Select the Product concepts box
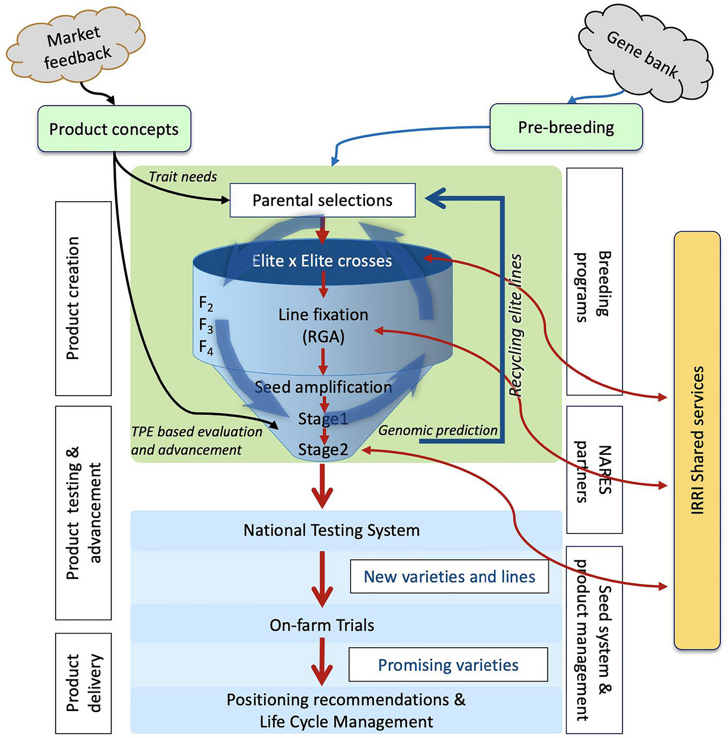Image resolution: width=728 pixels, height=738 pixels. tap(114, 129)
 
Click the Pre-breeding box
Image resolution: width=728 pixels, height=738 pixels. tap(566, 127)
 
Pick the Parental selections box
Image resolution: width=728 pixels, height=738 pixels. tap(322, 200)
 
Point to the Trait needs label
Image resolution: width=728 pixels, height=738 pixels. tap(182, 177)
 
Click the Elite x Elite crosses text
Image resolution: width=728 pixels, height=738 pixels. tap(322, 261)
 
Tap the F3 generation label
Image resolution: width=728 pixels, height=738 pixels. tap(206, 326)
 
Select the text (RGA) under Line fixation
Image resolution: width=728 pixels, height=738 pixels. tap(323, 337)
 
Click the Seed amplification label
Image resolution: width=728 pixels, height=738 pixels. tap(323, 387)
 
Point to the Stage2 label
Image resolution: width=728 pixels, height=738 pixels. tap(323, 449)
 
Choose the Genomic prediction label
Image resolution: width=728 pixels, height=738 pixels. tap(437, 430)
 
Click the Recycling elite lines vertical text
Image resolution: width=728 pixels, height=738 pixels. tap(516, 325)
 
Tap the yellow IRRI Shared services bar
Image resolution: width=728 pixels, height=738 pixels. tap(697, 440)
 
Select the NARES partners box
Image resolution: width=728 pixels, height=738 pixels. tap(594, 470)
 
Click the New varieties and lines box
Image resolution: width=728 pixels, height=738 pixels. tap(449, 577)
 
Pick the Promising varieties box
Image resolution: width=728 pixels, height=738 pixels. tap(448, 665)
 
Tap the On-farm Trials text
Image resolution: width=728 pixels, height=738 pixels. tap(322, 625)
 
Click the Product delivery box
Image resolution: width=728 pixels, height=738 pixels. tap(83, 683)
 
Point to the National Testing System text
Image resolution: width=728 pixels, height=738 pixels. tap(332, 530)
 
